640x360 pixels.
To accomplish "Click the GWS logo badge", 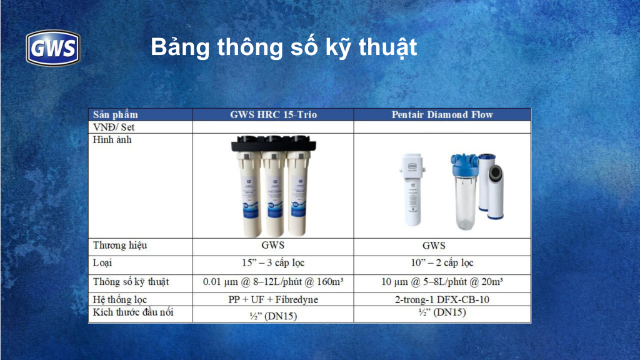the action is click(52, 47).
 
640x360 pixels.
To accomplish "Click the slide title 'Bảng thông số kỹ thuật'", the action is click(284, 47).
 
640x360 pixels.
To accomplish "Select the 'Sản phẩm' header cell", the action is click(116, 115).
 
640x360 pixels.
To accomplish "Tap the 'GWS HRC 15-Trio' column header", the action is click(274, 115).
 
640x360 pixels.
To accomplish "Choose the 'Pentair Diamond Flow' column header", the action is click(442, 115).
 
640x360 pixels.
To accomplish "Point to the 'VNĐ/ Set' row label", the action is click(114, 127).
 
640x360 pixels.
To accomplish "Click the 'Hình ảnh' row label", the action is click(112, 140).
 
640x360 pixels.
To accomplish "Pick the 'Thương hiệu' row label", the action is click(120, 246).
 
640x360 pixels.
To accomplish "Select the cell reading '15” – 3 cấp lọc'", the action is click(273, 263).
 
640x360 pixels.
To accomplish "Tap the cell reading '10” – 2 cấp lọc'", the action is click(442, 263).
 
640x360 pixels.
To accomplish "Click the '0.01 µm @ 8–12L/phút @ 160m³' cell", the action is click(273, 282).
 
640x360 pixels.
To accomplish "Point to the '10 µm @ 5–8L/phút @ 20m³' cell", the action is click(442, 282).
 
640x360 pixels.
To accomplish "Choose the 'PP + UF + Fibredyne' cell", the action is click(273, 300).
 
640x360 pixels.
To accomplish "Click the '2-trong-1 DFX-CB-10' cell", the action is click(442, 300).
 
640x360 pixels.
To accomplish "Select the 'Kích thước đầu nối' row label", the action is click(133, 312).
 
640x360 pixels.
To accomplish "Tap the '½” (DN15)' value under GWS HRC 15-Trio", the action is click(273, 316).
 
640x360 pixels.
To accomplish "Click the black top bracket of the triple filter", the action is click(274, 144).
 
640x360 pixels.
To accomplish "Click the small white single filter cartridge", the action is click(412, 189).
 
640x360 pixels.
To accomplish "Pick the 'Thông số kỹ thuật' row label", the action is click(131, 282).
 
